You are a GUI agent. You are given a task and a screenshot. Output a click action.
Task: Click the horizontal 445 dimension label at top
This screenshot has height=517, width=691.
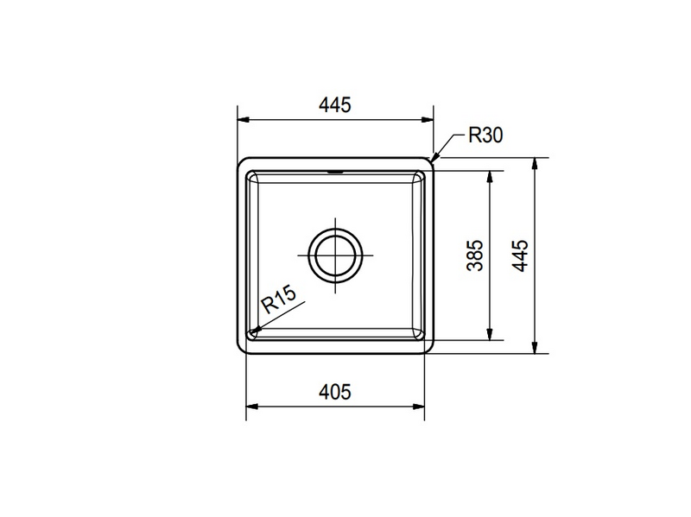pos(334,105)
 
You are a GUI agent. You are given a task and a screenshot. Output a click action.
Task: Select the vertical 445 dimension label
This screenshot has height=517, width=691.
pos(520,256)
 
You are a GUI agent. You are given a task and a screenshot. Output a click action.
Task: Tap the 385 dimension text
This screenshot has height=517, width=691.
pos(474,256)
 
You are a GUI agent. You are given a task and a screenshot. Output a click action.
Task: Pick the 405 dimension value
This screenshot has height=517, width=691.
pos(334,392)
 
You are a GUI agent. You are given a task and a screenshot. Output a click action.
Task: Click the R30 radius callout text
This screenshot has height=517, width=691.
pos(485,136)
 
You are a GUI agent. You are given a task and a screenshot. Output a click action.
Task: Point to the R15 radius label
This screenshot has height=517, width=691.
pos(279,301)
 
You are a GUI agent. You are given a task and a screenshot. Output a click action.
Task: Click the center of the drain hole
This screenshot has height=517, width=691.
pos(335,255)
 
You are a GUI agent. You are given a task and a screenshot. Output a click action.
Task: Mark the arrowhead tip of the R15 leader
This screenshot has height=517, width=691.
pos(250,332)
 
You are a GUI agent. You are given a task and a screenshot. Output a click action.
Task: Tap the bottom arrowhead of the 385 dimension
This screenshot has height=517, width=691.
pos(491,338)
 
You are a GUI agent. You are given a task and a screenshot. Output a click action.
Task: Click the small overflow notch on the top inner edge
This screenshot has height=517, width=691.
pos(335,171)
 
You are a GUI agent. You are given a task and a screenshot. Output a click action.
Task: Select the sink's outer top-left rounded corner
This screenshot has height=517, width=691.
pos(242,162)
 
